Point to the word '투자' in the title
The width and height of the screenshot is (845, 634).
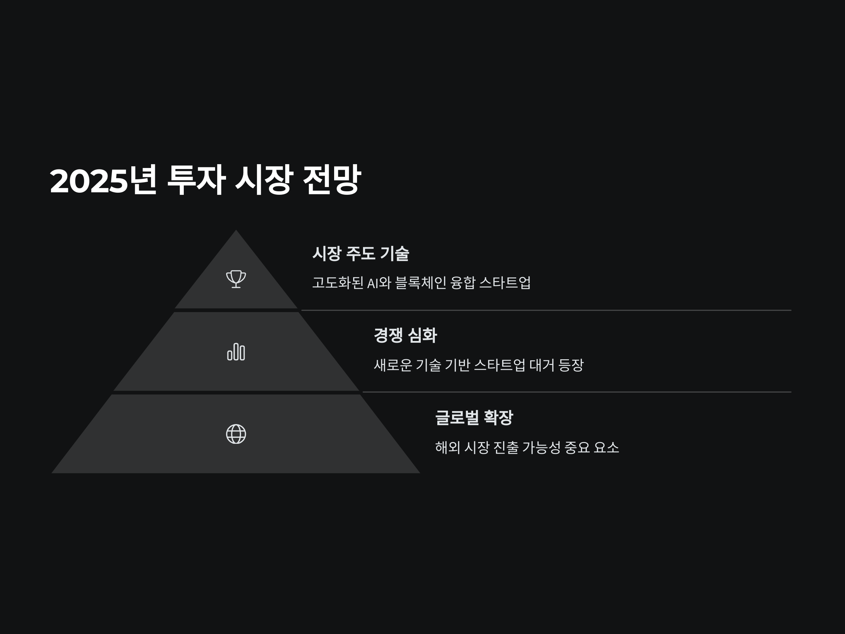(196, 180)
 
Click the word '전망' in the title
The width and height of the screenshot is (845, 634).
(332, 180)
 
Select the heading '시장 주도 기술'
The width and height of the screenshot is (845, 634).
(361, 253)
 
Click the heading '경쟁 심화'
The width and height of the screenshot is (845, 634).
(405, 335)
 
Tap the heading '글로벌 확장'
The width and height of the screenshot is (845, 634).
(474, 417)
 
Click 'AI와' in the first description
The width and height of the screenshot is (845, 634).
(379, 283)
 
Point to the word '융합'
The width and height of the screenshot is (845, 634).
(463, 283)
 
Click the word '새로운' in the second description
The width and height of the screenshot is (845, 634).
(393, 365)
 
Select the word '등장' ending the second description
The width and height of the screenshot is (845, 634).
(571, 365)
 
